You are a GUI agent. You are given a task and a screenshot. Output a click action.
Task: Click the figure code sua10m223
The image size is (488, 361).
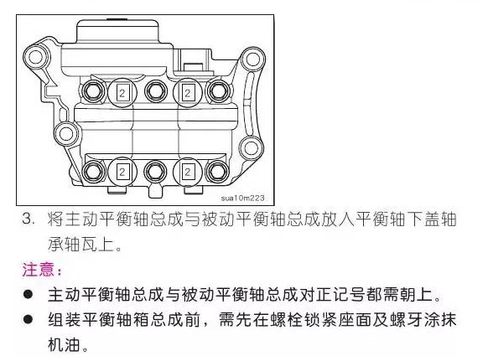[243, 198]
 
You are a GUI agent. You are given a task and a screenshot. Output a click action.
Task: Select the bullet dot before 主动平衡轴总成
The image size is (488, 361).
[28, 294]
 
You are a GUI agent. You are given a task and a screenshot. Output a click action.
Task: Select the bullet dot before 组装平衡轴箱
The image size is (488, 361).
[28, 319]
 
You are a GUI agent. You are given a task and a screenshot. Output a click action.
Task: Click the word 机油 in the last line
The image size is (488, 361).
[64, 344]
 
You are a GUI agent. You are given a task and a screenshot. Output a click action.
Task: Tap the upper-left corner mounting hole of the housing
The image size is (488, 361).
[36, 57]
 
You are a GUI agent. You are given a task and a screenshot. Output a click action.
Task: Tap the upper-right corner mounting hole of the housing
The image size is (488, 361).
[253, 59]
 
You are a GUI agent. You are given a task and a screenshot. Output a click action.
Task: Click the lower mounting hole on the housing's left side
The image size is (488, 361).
[66, 134]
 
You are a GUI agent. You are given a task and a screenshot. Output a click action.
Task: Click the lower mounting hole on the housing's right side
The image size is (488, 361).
[251, 147]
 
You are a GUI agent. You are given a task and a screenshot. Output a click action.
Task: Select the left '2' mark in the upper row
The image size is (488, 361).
[122, 93]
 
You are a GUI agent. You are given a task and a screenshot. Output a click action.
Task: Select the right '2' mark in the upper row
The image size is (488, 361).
[187, 93]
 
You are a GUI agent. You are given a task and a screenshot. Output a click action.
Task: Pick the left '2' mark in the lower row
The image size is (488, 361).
[122, 172]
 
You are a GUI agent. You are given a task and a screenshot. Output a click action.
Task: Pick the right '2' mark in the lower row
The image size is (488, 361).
[187, 172]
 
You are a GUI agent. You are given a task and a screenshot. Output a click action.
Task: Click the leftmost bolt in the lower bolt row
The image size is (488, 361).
[94, 171]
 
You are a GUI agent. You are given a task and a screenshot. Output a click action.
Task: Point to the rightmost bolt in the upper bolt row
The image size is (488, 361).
[218, 91]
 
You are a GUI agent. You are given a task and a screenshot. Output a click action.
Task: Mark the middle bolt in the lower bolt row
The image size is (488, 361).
[154, 172]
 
